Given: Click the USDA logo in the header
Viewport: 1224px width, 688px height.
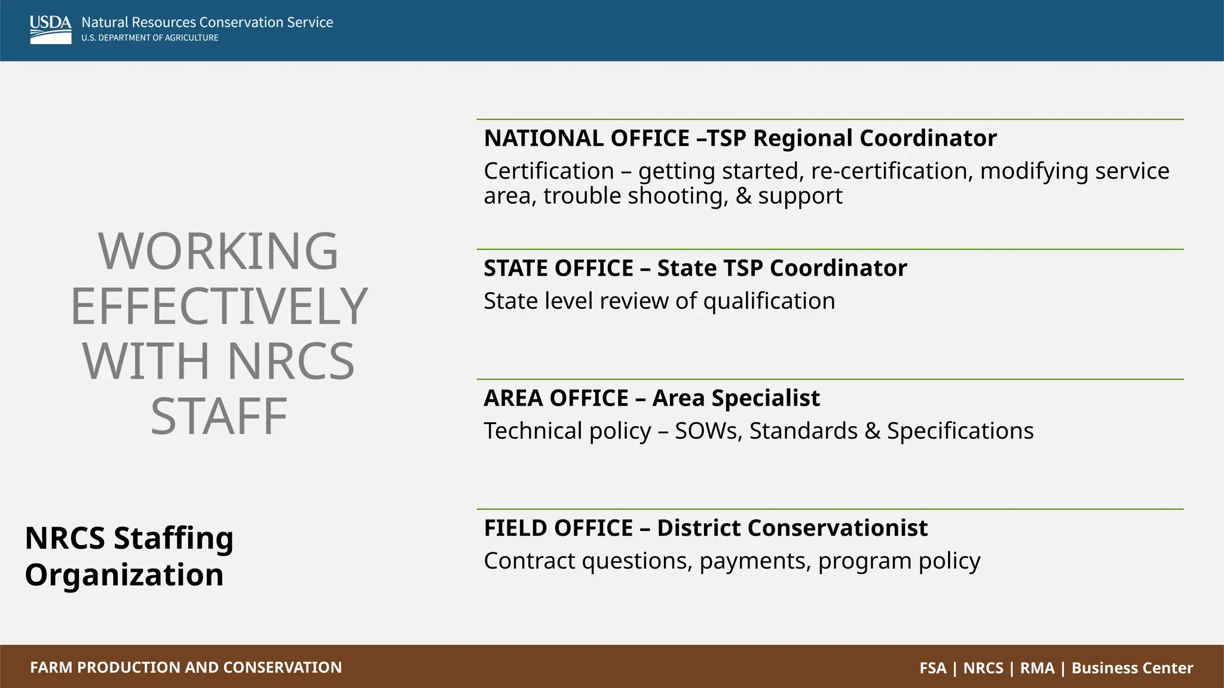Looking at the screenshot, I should click(50, 29).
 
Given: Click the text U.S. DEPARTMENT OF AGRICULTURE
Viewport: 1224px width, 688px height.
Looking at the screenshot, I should click(150, 38).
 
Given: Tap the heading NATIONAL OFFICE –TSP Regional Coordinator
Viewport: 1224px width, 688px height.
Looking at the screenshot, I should click(740, 138).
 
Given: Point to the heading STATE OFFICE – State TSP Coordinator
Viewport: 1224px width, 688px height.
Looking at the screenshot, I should click(695, 268).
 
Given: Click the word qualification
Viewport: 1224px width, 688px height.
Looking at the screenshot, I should click(769, 301).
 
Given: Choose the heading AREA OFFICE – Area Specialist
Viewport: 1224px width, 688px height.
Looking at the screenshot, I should click(651, 398).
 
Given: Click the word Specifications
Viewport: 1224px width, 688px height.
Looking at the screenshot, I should click(960, 431).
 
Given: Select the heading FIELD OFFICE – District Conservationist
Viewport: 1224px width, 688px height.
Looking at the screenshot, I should click(705, 528).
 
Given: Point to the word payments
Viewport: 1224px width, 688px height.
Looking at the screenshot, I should click(755, 561).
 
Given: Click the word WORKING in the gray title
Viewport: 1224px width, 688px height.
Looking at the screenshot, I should click(218, 251).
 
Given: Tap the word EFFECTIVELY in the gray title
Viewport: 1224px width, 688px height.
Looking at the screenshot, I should click(219, 306).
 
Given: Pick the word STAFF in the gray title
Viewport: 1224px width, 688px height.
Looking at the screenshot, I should click(219, 416).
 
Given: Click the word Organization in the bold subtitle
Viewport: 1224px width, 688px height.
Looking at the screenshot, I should click(124, 575).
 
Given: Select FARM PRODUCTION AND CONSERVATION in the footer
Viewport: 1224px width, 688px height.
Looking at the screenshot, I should click(186, 667).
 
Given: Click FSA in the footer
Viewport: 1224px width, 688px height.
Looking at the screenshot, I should click(933, 668).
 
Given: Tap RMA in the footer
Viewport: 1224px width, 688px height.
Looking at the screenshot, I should click(1037, 668).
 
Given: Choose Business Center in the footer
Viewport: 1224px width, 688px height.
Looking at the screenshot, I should click(1132, 668).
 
